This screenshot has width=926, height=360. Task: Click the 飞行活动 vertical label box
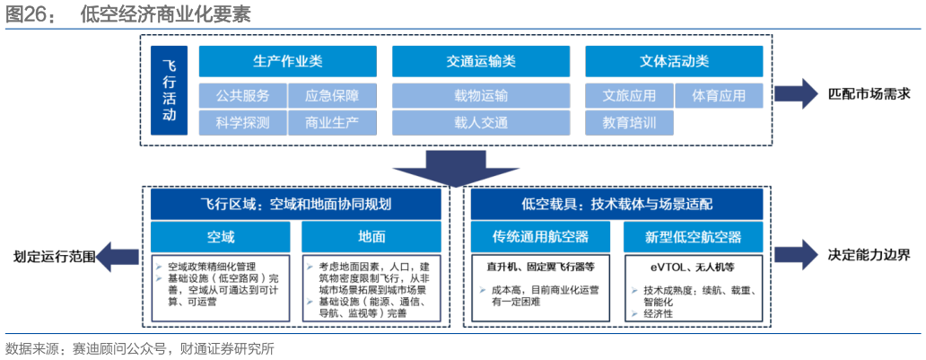169,90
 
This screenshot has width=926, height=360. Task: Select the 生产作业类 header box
287,61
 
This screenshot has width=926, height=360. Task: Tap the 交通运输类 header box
481,61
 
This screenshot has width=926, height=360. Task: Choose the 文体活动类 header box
674,61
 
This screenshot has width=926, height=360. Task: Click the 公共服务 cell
242,96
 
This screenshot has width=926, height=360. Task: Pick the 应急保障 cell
332,96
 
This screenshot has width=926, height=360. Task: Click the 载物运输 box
481,96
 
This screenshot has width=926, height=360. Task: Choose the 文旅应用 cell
629,96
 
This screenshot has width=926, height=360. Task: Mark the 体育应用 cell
719,96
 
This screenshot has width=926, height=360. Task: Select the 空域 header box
220,237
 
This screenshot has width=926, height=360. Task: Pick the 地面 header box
371,237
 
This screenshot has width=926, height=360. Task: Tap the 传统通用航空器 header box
541,237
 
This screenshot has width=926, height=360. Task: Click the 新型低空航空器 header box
693,237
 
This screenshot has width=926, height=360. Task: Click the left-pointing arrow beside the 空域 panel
116,255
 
